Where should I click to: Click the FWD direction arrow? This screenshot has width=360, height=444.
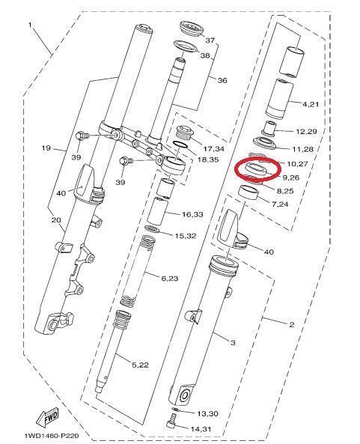(x=47, y=417)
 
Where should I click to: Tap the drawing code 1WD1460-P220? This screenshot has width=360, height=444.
(x=51, y=436)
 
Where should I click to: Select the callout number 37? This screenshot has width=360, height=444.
(x=210, y=40)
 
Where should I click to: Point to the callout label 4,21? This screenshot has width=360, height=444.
(x=311, y=104)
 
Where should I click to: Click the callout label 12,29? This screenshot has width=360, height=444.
(x=306, y=132)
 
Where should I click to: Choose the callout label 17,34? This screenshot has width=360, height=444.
(x=214, y=149)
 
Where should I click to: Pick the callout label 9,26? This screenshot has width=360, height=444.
(x=291, y=177)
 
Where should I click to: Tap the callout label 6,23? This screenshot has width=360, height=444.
(x=170, y=279)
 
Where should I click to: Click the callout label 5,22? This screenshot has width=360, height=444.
(x=141, y=365)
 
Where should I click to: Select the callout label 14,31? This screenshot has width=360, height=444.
(x=201, y=429)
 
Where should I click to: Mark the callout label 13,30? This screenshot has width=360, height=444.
(x=207, y=414)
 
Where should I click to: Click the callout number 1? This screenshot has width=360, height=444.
(x=30, y=25)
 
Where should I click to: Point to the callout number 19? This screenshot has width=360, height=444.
(x=46, y=148)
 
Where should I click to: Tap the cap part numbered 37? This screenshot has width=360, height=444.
(x=192, y=28)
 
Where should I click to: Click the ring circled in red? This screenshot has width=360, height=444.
(x=255, y=168)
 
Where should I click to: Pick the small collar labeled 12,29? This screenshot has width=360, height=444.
(x=269, y=128)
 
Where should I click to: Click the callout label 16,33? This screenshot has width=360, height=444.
(x=192, y=214)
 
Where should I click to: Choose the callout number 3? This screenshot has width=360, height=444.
(x=233, y=343)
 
